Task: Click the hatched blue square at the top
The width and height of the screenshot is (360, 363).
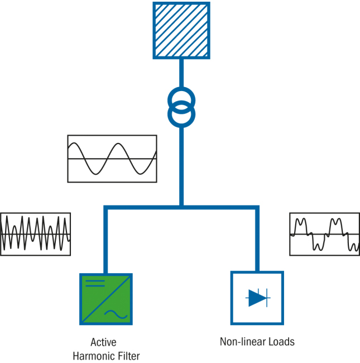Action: point(181,30)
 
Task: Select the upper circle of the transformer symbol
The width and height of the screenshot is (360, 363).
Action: point(181,99)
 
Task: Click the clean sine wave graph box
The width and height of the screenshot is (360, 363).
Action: point(112,159)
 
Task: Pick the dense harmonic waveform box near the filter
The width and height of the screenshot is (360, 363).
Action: point(36,234)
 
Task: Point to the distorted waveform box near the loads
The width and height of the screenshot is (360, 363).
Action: point(324,233)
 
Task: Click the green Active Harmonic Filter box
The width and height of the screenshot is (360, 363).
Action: point(106,299)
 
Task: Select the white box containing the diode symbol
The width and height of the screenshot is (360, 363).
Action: point(257,298)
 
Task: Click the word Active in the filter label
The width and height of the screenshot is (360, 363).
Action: point(104,342)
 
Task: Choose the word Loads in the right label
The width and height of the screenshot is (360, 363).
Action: point(282,342)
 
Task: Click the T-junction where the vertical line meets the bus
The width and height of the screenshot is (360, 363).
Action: point(181,208)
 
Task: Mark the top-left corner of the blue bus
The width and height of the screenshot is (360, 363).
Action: point(105,208)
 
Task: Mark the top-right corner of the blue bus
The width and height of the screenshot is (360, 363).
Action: point(257,208)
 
